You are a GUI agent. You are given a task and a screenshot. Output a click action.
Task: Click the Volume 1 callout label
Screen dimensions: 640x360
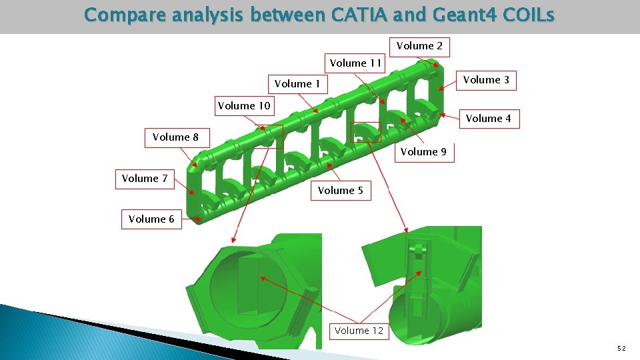click(x=297, y=84)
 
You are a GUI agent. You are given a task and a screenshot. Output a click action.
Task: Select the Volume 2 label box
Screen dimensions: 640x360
click(x=419, y=46)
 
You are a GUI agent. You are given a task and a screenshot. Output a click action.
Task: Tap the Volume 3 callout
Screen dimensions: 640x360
click(x=486, y=80)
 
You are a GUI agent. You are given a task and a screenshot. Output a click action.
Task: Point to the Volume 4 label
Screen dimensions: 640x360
click(x=489, y=119)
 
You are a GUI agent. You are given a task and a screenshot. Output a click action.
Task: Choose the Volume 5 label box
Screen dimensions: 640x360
click(x=340, y=191)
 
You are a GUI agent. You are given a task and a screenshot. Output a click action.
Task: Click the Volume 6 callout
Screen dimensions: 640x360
click(x=151, y=219)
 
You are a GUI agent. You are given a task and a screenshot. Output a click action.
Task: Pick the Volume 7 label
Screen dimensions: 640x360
click(x=145, y=179)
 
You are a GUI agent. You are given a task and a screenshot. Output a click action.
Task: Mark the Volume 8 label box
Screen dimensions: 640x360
click(x=175, y=137)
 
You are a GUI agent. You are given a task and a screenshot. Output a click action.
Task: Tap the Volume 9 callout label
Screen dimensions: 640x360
click(x=423, y=152)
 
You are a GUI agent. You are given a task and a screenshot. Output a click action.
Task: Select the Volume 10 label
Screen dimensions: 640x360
click(x=244, y=106)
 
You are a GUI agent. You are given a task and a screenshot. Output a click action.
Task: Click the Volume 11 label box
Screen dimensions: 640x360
click(x=355, y=63)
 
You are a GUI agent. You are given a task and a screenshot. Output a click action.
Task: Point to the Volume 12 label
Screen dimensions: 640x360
click(x=359, y=331)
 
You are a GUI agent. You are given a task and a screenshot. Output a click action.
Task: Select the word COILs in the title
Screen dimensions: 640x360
click(x=531, y=15)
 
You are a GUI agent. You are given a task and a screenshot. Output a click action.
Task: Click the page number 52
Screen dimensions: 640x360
click(x=621, y=348)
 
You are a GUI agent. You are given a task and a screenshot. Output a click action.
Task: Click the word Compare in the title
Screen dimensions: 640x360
click(x=125, y=15)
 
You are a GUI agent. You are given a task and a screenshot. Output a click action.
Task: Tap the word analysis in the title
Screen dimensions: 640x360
click(x=207, y=15)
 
